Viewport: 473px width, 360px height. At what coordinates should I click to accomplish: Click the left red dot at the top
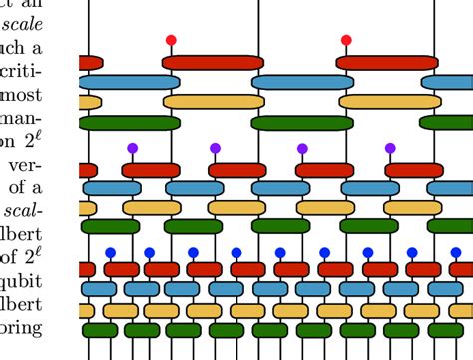171,40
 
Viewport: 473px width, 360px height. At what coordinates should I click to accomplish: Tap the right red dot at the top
345,40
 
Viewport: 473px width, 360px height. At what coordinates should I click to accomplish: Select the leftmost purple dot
131,148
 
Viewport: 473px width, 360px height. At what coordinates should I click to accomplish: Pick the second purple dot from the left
215,148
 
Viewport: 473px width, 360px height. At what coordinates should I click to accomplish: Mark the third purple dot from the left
302,148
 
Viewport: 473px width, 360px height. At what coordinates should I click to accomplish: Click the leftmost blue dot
110,252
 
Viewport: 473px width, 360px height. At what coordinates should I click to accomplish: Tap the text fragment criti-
46,74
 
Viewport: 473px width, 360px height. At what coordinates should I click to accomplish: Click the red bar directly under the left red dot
213,62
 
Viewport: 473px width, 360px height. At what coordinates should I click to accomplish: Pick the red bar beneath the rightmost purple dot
414,170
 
